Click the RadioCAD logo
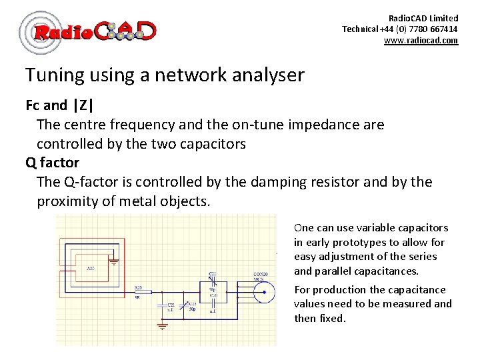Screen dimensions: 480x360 (x=88, y=31)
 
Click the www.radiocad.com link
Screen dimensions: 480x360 (x=421, y=41)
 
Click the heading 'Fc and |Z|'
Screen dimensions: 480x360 (x=60, y=105)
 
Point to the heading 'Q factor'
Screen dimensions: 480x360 (x=52, y=163)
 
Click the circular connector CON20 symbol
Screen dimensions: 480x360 (x=265, y=291)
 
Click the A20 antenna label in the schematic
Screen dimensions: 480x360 (x=90, y=269)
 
